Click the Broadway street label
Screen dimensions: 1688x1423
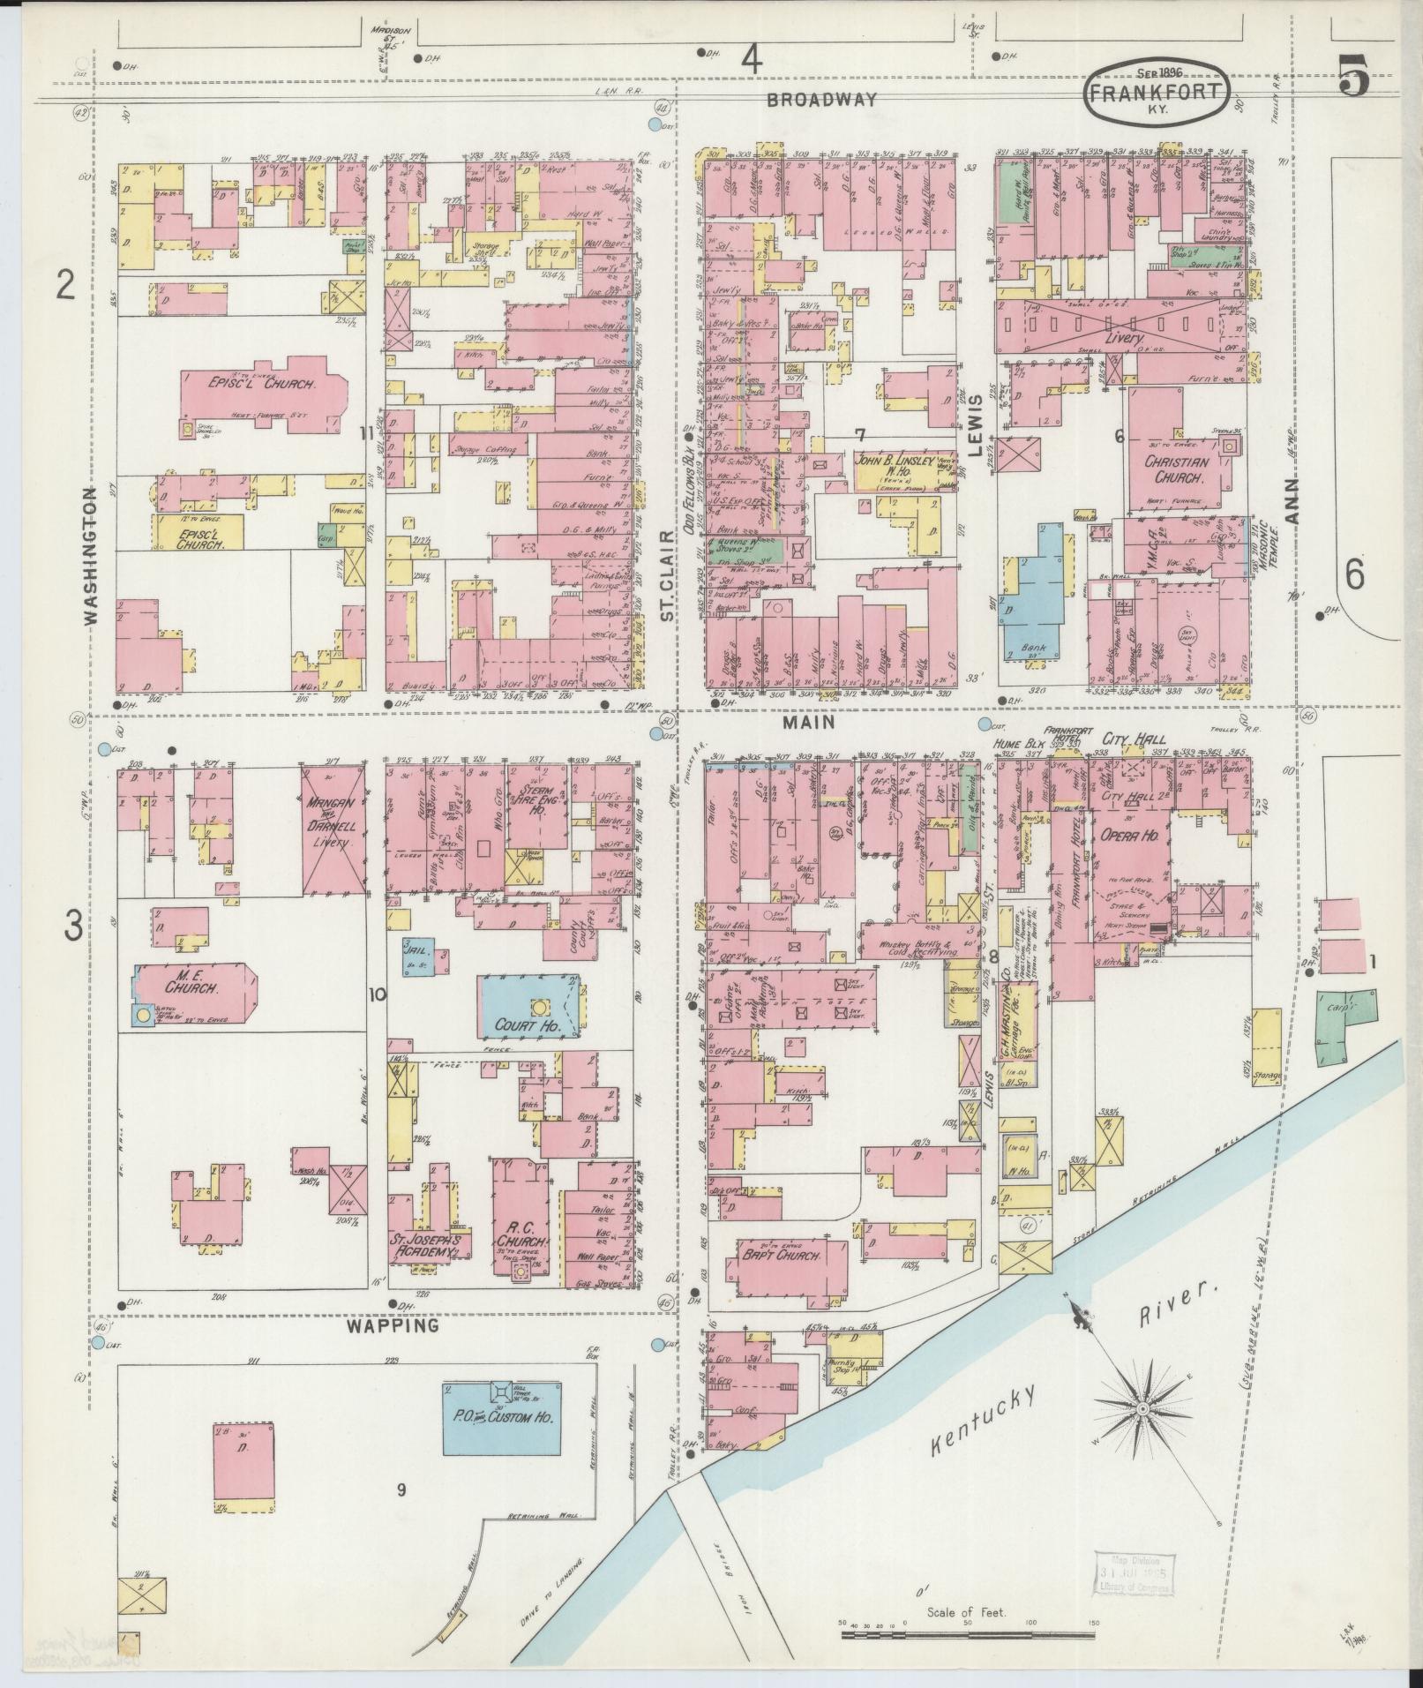(821, 100)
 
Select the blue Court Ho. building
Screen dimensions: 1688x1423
(527, 1009)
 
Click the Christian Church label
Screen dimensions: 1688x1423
(1174, 469)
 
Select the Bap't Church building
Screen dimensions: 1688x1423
(775, 1255)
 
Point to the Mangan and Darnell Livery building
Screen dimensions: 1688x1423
(333, 829)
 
